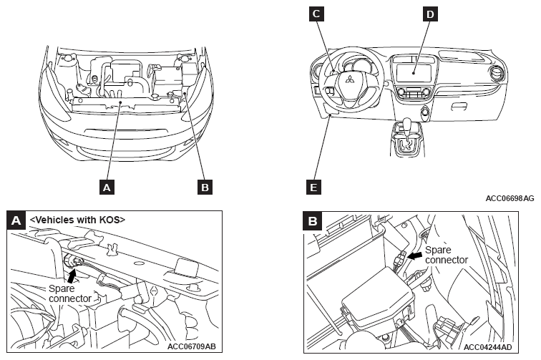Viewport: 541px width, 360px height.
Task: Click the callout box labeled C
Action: click(x=316, y=14)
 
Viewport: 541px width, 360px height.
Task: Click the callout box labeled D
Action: click(x=430, y=14)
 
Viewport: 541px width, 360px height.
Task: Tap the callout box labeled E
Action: click(x=313, y=187)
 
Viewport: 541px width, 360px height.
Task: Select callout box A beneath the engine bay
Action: click(x=107, y=187)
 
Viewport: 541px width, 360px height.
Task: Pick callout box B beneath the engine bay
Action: click(x=205, y=187)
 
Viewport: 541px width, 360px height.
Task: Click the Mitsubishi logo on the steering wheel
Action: click(x=350, y=79)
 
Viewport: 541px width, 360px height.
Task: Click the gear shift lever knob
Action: click(x=409, y=125)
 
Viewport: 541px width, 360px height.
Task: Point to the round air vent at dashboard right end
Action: click(x=497, y=73)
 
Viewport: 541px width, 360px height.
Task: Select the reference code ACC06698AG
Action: click(x=510, y=198)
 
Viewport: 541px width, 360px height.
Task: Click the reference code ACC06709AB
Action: click(x=192, y=346)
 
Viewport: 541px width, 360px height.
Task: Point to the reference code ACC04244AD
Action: click(x=488, y=347)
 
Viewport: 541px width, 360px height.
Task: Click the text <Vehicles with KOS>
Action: click(x=77, y=220)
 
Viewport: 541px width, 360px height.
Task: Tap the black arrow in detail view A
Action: click(x=72, y=276)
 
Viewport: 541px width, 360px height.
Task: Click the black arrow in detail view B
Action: click(x=415, y=256)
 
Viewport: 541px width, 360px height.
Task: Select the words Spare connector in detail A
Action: click(x=70, y=293)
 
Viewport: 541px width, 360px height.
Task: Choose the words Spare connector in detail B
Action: click(x=447, y=255)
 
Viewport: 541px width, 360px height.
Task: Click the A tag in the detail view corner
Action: click(x=16, y=220)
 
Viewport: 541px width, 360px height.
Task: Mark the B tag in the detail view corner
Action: click(x=313, y=221)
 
